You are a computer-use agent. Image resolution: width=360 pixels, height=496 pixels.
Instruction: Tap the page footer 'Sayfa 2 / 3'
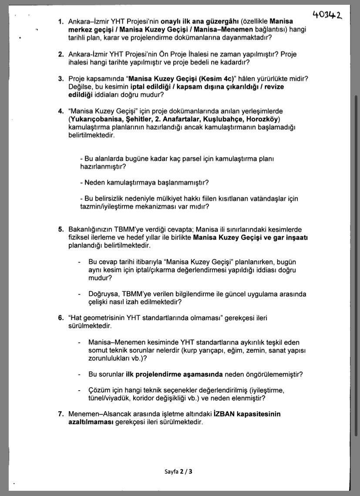pyautogui.click(x=178, y=471)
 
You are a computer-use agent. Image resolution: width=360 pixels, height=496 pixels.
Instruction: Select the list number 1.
pyautogui.click(x=61, y=21)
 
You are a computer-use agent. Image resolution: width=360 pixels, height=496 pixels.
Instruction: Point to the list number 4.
pyautogui.click(x=61, y=111)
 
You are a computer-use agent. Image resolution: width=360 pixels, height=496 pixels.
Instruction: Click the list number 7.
pyautogui.click(x=61, y=414)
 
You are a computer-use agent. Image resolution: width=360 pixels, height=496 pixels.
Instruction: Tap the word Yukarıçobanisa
pyautogui.click(x=93, y=119)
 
